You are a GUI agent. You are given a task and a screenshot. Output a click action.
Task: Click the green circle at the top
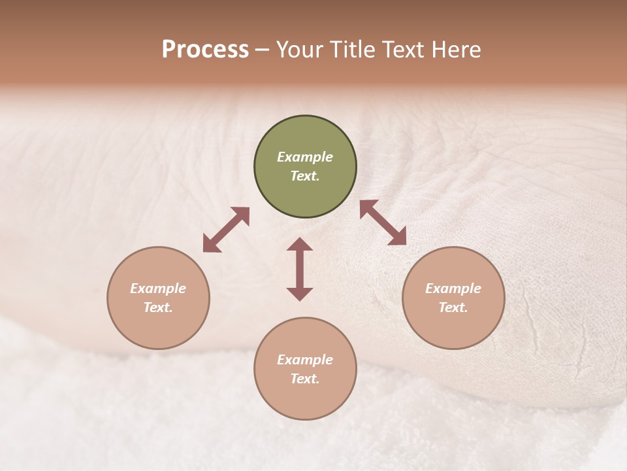pyautogui.click(x=305, y=167)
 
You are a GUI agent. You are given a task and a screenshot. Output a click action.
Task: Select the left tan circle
pyautogui.click(x=158, y=298)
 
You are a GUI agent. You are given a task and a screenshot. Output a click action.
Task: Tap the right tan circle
pyautogui.click(x=453, y=298)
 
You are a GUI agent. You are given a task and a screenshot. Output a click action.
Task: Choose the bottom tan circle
pyautogui.click(x=305, y=369)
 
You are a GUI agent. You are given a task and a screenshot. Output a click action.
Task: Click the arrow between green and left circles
pyautogui.click(x=226, y=230)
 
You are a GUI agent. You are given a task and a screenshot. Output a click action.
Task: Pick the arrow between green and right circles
pyautogui.click(x=383, y=222)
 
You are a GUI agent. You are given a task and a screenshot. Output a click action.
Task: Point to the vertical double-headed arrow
pyautogui.click(x=300, y=269)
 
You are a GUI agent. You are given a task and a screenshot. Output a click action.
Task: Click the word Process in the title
pyautogui.click(x=205, y=50)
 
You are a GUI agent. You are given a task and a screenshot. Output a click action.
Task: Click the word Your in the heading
pyautogui.click(x=298, y=50)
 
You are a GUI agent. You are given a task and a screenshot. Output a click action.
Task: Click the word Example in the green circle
pyautogui.click(x=305, y=157)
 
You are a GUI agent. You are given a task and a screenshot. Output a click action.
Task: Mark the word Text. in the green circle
pyautogui.click(x=305, y=176)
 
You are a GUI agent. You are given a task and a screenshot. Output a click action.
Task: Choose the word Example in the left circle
pyautogui.click(x=158, y=288)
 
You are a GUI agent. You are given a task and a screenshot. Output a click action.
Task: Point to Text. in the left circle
pyautogui.click(x=158, y=307)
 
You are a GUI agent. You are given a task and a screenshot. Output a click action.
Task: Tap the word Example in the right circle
pyautogui.click(x=453, y=288)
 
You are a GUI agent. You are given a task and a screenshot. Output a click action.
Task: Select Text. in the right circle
pyautogui.click(x=453, y=307)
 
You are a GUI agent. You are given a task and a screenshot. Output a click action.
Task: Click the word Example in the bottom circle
pyautogui.click(x=305, y=360)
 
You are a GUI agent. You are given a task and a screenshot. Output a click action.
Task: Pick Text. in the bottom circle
pyautogui.click(x=305, y=379)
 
